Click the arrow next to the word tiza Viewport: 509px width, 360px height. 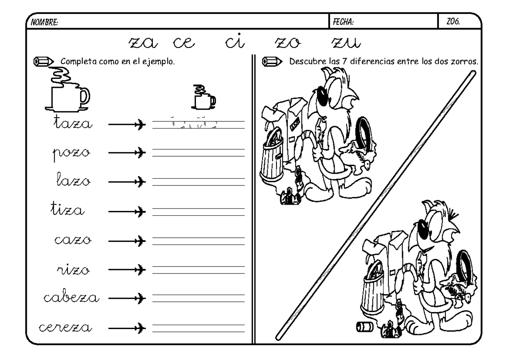pyautogui.click(x=127, y=211)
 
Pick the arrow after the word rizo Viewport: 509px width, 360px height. pyautogui.click(x=127, y=269)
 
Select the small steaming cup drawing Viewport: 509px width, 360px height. pyautogui.click(x=203, y=98)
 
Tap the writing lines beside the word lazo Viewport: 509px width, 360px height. pyautogui.click(x=198, y=182)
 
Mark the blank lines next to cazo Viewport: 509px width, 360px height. pyautogui.click(x=198, y=240)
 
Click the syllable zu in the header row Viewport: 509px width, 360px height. pyautogui.click(x=346, y=42)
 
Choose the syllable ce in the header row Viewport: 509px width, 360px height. pyautogui.click(x=183, y=42)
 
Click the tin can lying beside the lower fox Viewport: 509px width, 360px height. pyautogui.click(x=364, y=326)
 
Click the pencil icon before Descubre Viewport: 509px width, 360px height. pyautogui.click(x=271, y=62)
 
